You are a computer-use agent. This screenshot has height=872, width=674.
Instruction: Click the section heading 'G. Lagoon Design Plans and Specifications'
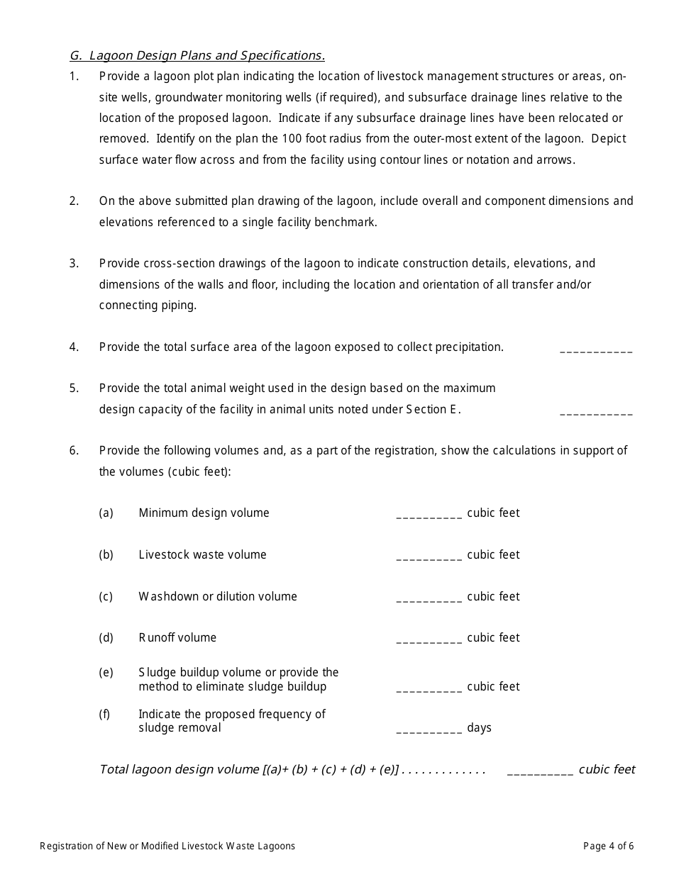(197, 55)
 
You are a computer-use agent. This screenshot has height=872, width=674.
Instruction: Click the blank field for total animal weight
(596, 412)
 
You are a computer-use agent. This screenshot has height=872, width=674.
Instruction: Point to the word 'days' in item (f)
(480, 728)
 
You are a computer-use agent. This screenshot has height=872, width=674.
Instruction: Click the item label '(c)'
(106, 596)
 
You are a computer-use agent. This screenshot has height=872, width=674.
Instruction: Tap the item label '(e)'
(106, 672)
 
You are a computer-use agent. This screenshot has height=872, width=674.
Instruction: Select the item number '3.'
(74, 264)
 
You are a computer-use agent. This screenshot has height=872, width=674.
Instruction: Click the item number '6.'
(74, 451)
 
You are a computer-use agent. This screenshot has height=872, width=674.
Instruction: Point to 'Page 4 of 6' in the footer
(608, 846)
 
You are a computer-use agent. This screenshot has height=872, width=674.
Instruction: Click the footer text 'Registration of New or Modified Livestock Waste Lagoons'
(167, 846)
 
